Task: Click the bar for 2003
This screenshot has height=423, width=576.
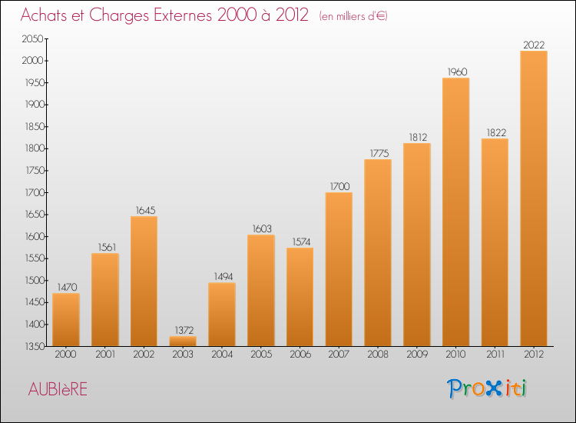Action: click(183, 341)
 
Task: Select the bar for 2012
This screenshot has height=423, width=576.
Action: click(534, 198)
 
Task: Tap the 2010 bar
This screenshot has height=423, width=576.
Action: click(455, 211)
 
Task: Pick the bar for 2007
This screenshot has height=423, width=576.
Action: click(339, 269)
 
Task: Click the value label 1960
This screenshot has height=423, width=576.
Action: click(456, 72)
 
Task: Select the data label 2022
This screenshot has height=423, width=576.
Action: click(534, 45)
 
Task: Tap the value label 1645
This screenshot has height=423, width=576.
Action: click(144, 211)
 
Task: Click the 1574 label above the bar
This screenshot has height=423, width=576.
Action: click(300, 242)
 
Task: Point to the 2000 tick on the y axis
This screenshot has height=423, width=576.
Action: click(33, 61)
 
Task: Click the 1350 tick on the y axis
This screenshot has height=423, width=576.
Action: click(33, 347)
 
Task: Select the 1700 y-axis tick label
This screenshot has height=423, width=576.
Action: click(33, 193)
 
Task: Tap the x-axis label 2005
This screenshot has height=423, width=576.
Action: click(260, 355)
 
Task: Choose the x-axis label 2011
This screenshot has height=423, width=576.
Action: click(495, 355)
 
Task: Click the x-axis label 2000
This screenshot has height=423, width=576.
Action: click(65, 355)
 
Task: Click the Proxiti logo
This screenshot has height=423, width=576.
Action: click(488, 388)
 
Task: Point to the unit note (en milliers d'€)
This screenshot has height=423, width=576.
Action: click(353, 16)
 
